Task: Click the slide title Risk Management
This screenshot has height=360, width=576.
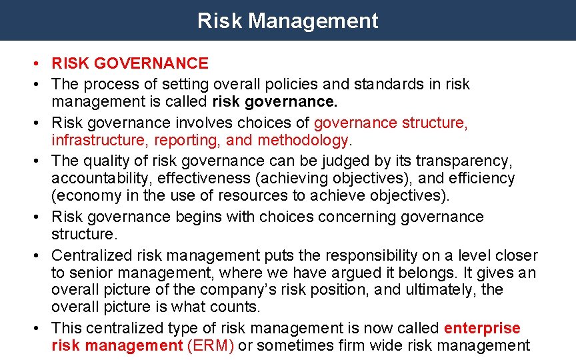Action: click(x=287, y=21)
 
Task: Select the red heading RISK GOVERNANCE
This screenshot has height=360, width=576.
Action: click(x=130, y=63)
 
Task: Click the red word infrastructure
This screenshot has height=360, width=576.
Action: click(x=100, y=140)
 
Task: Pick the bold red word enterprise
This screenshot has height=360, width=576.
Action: click(x=482, y=328)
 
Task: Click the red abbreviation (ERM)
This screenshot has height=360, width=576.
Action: click(x=211, y=345)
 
